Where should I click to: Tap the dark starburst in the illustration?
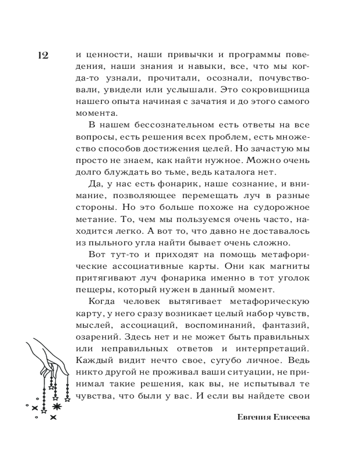tap(57, 407)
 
